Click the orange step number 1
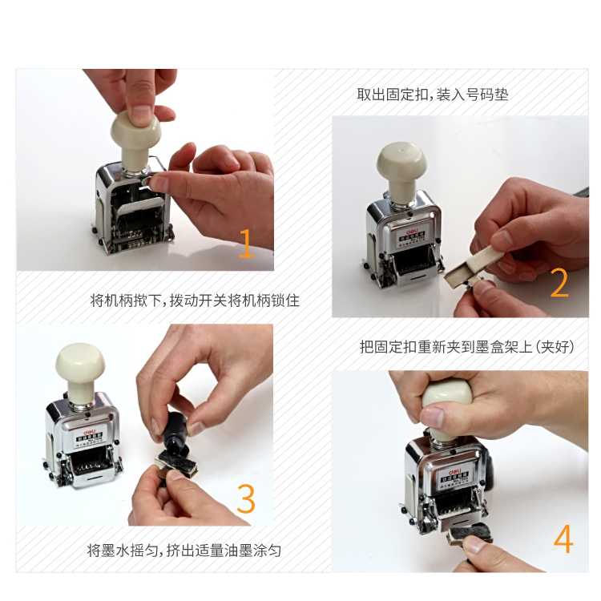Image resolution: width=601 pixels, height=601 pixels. [246, 243]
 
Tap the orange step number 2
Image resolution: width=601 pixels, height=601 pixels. [559, 283]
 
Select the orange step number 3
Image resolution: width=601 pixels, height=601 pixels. [245, 498]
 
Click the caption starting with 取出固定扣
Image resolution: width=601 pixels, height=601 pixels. [432, 95]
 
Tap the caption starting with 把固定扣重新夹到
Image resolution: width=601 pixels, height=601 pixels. [467, 347]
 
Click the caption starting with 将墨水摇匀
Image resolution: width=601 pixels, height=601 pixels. [184, 551]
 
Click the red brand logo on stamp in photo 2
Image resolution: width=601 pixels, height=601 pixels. [412, 226]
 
